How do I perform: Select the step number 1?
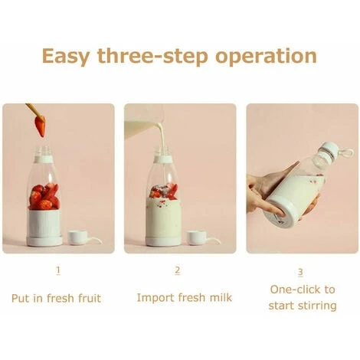tap(58, 270)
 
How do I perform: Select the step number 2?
tap(178, 270)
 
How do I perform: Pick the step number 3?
tap(300, 271)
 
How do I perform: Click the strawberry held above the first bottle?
tap(40, 126)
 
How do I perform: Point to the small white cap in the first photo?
tap(79, 237)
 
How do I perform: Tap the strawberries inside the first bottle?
tap(44, 197)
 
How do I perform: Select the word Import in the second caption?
tap(155, 297)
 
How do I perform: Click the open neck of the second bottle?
tap(164, 157)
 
